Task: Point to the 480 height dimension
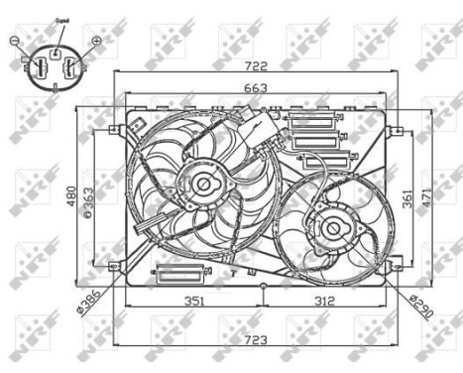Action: point(70,198)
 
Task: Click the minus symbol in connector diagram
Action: point(14,42)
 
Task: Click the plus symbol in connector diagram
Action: point(96,42)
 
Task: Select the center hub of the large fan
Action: point(204,183)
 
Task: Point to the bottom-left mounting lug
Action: point(116,266)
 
